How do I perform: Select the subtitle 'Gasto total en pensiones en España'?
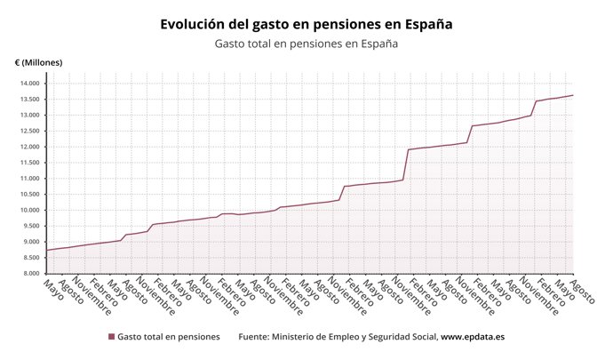(306, 44)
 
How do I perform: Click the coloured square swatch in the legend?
(112, 337)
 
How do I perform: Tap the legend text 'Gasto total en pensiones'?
(168, 337)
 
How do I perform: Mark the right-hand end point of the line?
(573, 95)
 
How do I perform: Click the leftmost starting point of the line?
(47, 250)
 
